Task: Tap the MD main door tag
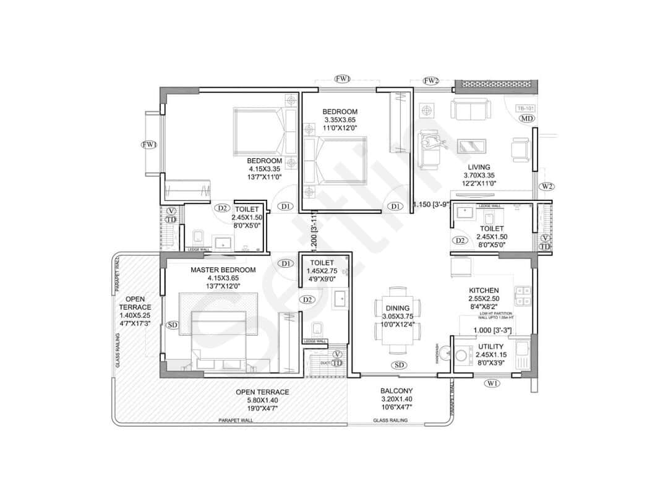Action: point(526,119)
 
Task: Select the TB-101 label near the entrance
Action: point(525,108)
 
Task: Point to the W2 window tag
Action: point(546,186)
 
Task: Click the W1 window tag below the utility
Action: point(492,383)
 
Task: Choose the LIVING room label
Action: point(479,167)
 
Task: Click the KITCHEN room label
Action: point(484,290)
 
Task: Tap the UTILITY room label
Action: point(490,347)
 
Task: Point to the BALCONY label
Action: point(396,391)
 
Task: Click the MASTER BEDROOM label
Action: point(223,270)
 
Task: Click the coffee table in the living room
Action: point(471,147)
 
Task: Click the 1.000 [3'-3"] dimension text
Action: point(492,331)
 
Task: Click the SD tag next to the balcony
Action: point(399,365)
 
